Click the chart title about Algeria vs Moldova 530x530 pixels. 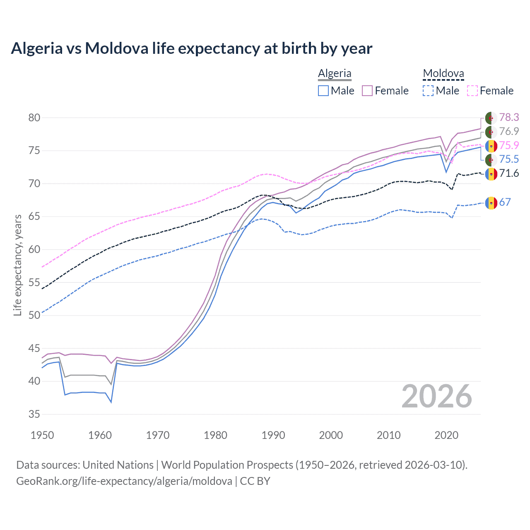[x=191, y=48]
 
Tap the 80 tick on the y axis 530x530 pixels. [x=34, y=118]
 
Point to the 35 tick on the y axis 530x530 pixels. [x=34, y=414]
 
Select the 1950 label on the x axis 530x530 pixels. [x=42, y=435]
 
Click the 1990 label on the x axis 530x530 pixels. [x=273, y=435]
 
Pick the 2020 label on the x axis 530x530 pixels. [x=446, y=435]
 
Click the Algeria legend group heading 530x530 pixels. [x=335, y=73]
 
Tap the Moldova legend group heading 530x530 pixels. [x=443, y=73]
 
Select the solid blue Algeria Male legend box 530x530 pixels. [x=323, y=91]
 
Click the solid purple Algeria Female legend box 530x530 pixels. [x=367, y=91]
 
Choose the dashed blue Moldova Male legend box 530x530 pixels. [x=428, y=91]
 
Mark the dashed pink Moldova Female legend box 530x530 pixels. [x=472, y=91]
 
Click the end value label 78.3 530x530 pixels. [x=509, y=118]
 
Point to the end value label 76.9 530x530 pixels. [x=509, y=132]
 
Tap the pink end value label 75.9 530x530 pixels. [x=509, y=145]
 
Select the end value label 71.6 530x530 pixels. [x=509, y=173]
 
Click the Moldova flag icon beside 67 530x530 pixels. [x=491, y=202]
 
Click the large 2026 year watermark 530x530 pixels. [x=436, y=396]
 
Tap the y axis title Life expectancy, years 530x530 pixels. [x=17, y=265]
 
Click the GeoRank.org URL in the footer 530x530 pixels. [x=124, y=481]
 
